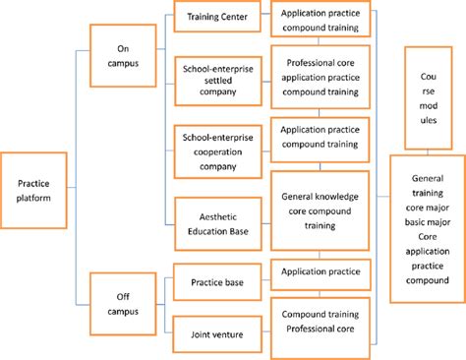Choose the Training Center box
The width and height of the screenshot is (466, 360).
[217, 16]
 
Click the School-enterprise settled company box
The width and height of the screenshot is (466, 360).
[217, 79]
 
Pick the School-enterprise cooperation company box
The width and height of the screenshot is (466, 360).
[217, 147]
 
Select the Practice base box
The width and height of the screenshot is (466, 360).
[217, 283]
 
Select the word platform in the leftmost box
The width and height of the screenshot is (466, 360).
[33, 200]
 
